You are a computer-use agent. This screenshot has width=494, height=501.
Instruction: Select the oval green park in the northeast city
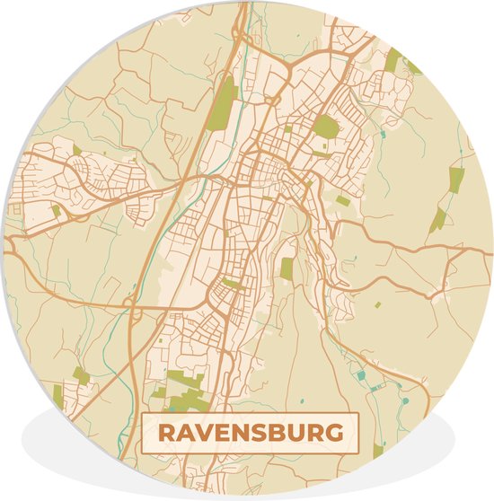click(x=327, y=127)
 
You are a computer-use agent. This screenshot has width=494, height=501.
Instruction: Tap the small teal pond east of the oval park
click(x=383, y=135)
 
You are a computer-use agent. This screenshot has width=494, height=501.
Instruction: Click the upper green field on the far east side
click(x=456, y=180)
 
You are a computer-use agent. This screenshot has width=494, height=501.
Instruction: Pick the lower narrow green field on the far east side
click(x=437, y=219)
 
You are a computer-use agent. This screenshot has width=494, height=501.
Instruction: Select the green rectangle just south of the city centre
click(x=287, y=268)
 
